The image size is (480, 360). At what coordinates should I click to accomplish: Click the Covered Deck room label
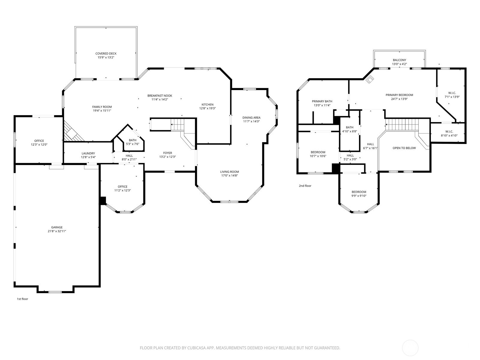[x=106, y=54]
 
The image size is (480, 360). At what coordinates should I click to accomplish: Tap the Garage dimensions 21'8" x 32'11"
[x=57, y=231]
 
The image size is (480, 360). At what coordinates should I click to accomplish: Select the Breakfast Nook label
[x=160, y=95]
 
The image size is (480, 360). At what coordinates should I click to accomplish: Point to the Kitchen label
[x=207, y=104]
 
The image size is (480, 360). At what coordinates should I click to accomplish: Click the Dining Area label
[x=251, y=118]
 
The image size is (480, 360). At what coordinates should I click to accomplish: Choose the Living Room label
[x=229, y=172]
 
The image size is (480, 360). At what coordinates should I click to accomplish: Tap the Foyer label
[x=167, y=153]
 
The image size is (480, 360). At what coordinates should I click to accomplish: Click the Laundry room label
[x=88, y=153]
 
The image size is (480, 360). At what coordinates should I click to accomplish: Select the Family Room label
[x=102, y=107]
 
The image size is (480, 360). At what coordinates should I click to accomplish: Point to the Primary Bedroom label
[x=399, y=95]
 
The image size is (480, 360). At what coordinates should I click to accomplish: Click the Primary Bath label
[x=322, y=101]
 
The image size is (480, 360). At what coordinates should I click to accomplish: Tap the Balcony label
[x=399, y=60]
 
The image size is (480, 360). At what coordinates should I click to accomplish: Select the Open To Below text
[x=404, y=148]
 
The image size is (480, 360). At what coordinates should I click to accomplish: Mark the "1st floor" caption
[x=22, y=299]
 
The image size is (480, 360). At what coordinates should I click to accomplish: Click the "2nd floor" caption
[x=305, y=186]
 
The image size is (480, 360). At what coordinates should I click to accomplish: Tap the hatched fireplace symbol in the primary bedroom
[x=370, y=79]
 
